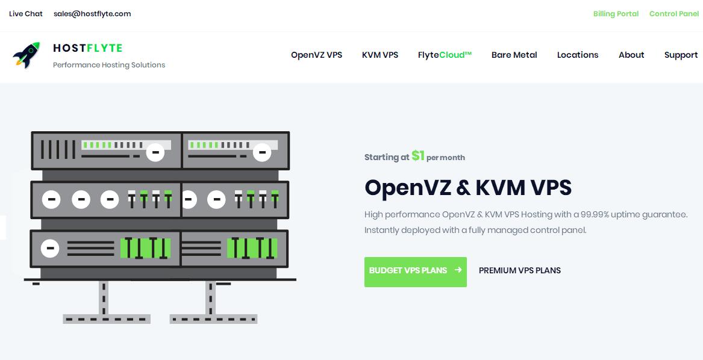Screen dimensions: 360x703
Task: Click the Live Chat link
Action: click(26, 14)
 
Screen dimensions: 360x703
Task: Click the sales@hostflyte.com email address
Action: click(92, 14)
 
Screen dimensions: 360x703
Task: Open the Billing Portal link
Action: click(616, 14)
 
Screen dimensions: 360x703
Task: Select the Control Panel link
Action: click(673, 14)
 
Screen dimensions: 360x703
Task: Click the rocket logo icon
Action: click(27, 55)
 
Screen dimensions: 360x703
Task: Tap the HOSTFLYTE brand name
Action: click(88, 48)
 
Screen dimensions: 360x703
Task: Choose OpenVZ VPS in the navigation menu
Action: click(316, 55)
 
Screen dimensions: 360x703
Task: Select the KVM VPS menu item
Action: click(380, 55)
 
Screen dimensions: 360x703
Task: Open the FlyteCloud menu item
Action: click(445, 55)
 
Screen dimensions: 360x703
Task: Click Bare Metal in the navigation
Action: click(514, 55)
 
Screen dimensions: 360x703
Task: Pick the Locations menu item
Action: click(578, 55)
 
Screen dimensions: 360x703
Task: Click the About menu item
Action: click(631, 55)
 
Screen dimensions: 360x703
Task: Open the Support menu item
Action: click(681, 55)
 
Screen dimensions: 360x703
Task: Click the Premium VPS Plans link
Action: click(519, 270)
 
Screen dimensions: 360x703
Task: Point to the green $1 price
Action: click(418, 156)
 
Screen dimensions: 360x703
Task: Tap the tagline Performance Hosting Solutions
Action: click(109, 65)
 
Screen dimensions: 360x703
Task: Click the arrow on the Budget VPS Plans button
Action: click(458, 270)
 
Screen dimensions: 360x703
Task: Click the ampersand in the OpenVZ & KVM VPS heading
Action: click(463, 188)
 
